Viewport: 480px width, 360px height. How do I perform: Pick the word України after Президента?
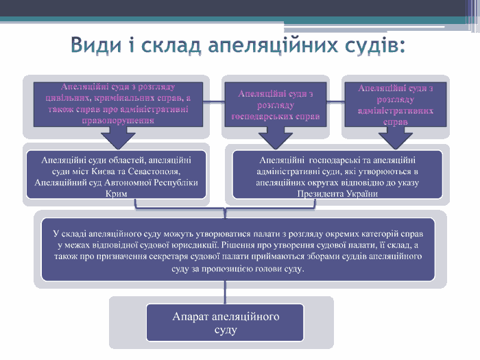point(361,194)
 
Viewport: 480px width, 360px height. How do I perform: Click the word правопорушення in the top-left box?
point(117,119)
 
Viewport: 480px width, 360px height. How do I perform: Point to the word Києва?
point(95,171)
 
